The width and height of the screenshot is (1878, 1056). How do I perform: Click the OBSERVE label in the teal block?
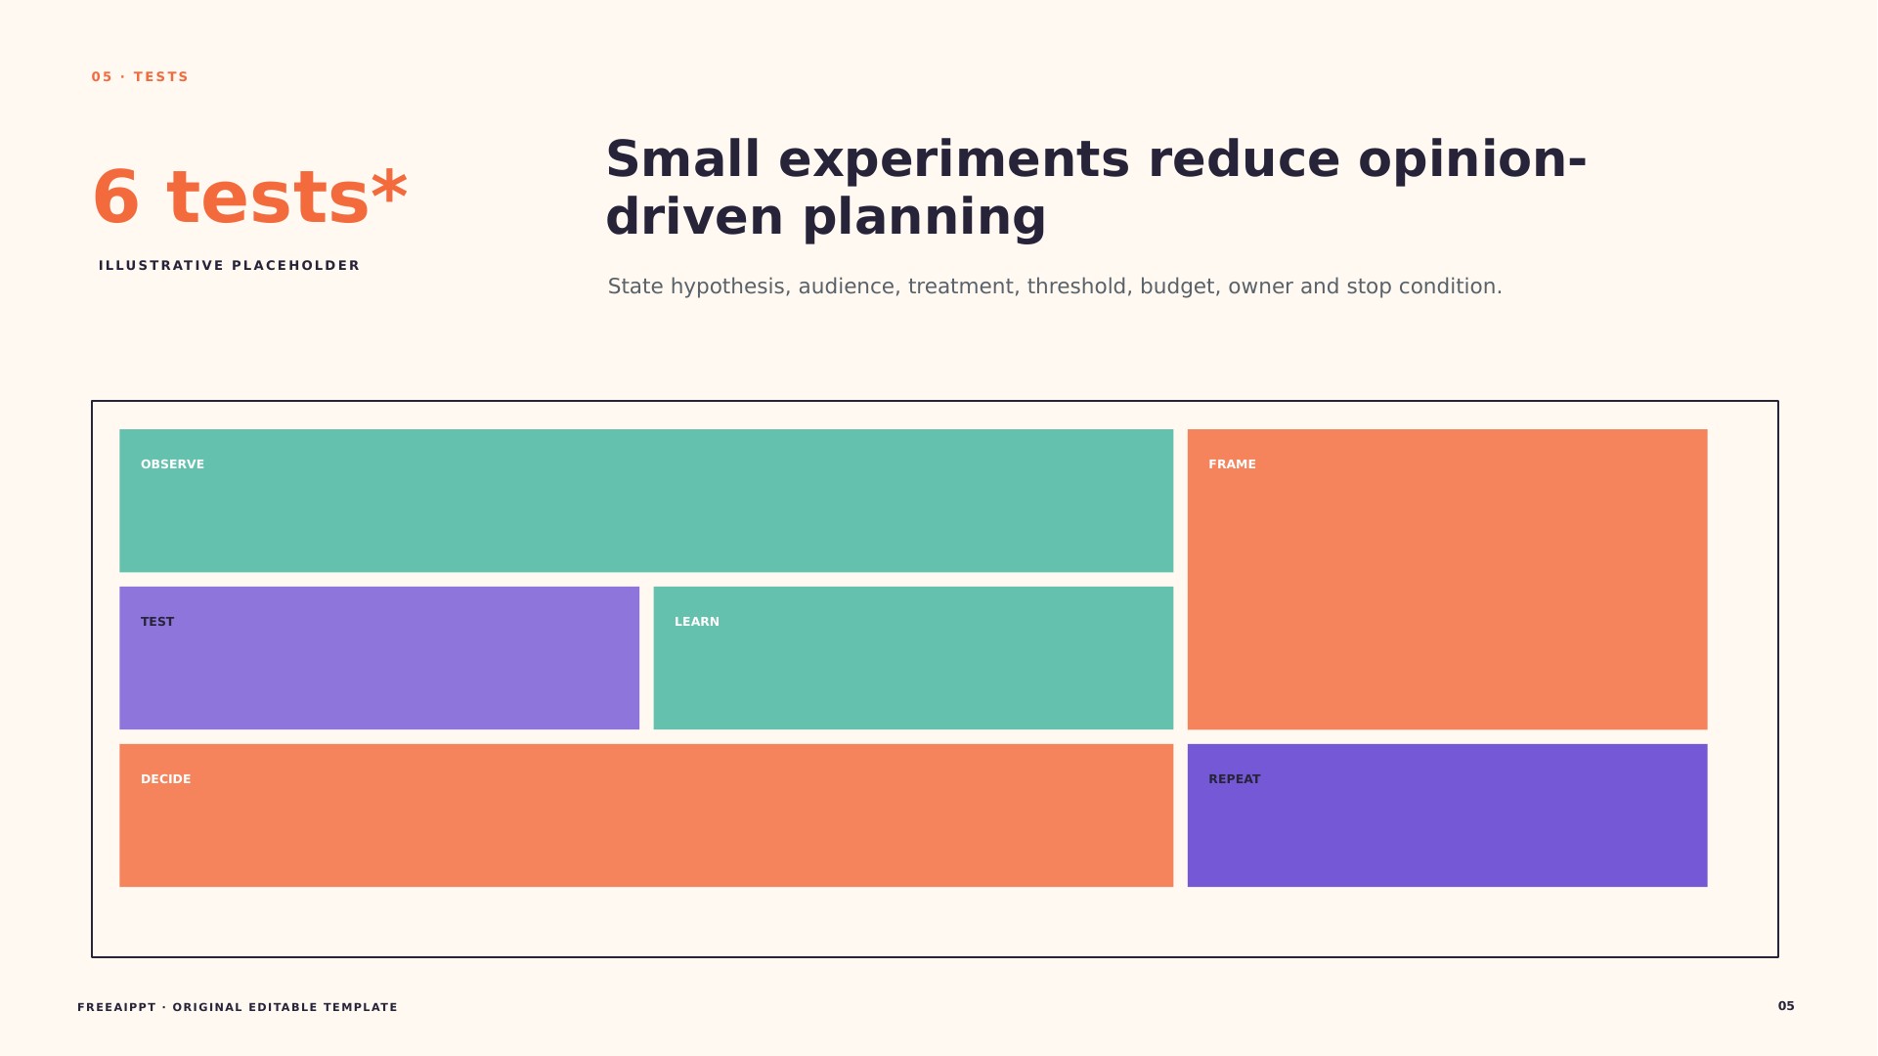coord(172,464)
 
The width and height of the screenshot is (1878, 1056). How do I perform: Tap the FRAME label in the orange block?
coord(1232,464)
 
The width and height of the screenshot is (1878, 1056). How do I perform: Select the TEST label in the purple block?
coord(157,622)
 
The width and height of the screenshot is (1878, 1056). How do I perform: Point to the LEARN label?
coord(697,622)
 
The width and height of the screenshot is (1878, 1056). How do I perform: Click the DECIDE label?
coord(166,779)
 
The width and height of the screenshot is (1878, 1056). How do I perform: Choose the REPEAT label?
coord(1235,779)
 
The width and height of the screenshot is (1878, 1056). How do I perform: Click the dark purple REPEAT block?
coord(1447,815)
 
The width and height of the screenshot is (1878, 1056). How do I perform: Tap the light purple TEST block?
coord(379,658)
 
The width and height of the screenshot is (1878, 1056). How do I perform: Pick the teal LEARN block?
coord(913,658)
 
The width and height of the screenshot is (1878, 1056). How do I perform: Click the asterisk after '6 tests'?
coord(389,186)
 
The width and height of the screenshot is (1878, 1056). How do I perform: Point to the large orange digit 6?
coord(116,198)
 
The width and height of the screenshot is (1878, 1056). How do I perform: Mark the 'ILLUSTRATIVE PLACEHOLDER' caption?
coord(230,266)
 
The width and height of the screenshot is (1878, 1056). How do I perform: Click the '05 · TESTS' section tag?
coord(140,77)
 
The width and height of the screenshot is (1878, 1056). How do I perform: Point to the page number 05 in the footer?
coord(1786,1006)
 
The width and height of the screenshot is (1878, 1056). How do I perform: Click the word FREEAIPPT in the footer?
coord(116,1007)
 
